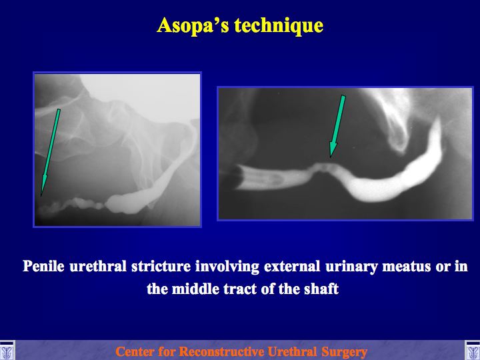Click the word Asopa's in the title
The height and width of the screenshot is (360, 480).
click(x=193, y=25)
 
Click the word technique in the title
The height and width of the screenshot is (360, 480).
click(x=279, y=26)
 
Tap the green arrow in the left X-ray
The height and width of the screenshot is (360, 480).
click(x=50, y=152)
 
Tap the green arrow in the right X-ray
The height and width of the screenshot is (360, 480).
click(x=337, y=127)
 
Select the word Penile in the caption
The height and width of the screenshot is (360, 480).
click(x=43, y=266)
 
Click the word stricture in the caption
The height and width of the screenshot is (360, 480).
click(x=161, y=266)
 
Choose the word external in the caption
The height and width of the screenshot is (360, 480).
click(x=292, y=266)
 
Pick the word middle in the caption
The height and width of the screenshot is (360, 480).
click(x=195, y=289)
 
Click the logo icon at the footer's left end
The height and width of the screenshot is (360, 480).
click(x=7, y=350)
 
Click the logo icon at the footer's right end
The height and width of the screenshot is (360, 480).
click(x=473, y=350)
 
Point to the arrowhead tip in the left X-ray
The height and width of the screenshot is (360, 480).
click(x=41, y=196)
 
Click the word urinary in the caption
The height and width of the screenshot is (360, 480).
click(x=351, y=267)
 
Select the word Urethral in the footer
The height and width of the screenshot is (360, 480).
click(x=293, y=352)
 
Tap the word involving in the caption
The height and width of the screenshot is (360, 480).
click(x=227, y=267)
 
